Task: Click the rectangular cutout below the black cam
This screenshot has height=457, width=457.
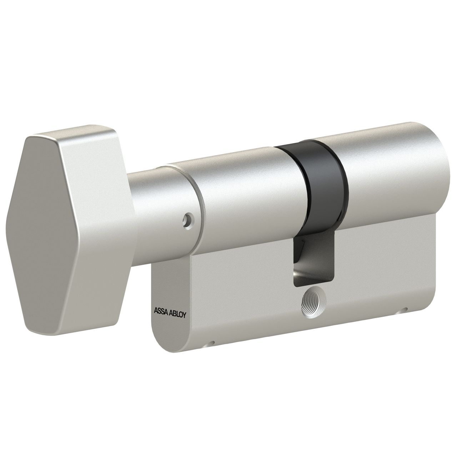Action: tap(314, 262)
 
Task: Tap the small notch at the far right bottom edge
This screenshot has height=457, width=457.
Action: tap(405, 309)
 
